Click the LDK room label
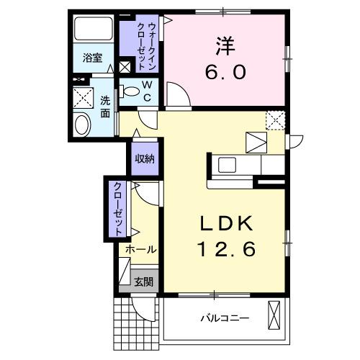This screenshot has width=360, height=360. click(x=224, y=224)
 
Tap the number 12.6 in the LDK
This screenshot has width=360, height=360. click(x=224, y=251)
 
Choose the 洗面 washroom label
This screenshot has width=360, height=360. click(x=105, y=107)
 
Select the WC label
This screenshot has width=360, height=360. click(x=145, y=91)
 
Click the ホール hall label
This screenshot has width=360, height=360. click(x=140, y=249)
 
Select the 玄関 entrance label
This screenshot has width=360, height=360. click(x=143, y=282)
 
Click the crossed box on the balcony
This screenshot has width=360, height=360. click(x=274, y=315)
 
